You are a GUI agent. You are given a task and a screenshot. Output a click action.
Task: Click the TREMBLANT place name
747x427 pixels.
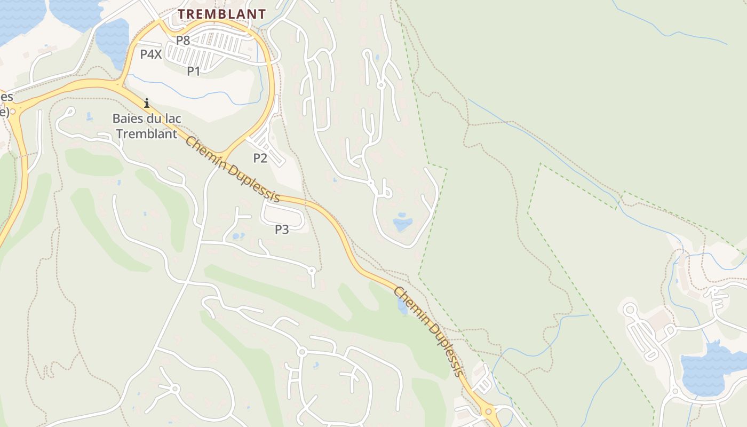click(x=221, y=14)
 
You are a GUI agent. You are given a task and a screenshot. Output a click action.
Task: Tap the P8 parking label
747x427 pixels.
click(x=183, y=40)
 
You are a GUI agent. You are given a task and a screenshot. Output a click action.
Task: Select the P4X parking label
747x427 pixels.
click(x=151, y=54)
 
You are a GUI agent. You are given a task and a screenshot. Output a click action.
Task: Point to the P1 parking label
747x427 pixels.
click(x=194, y=70)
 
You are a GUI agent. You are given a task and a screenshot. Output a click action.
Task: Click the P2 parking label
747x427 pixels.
click(x=260, y=157)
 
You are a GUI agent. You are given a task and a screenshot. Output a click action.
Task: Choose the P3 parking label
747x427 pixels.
click(x=282, y=230)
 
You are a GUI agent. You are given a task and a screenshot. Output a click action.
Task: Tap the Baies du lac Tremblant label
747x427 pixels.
click(x=146, y=126)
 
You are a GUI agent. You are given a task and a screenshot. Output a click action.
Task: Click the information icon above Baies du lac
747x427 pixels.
click(x=147, y=102)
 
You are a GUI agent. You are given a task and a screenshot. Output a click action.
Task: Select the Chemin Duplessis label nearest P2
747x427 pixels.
click(x=233, y=169)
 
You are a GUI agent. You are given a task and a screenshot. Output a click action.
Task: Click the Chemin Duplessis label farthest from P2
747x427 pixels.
click(x=428, y=331)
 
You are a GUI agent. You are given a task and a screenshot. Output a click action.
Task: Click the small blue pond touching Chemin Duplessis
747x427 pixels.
click(x=402, y=306)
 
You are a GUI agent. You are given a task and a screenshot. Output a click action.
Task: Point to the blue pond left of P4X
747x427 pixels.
click(x=113, y=43)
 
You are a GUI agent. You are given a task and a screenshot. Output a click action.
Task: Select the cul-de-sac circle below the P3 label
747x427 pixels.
click(x=312, y=271)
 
